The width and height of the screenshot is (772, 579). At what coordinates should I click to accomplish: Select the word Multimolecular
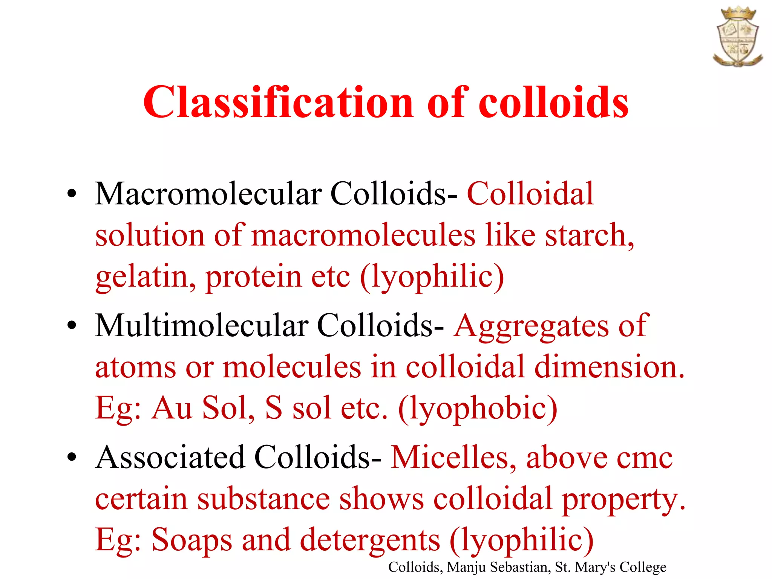(x=202, y=326)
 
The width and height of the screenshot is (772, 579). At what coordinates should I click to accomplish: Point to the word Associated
(x=170, y=458)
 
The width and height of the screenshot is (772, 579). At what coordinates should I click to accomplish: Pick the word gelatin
(x=145, y=277)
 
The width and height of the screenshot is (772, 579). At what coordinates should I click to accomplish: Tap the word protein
(x=254, y=277)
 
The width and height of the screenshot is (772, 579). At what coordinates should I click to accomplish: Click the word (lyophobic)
(x=478, y=409)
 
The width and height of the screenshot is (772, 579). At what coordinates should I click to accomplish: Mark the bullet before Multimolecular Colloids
(x=72, y=326)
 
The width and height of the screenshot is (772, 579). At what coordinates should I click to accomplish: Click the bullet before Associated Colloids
(x=72, y=458)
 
